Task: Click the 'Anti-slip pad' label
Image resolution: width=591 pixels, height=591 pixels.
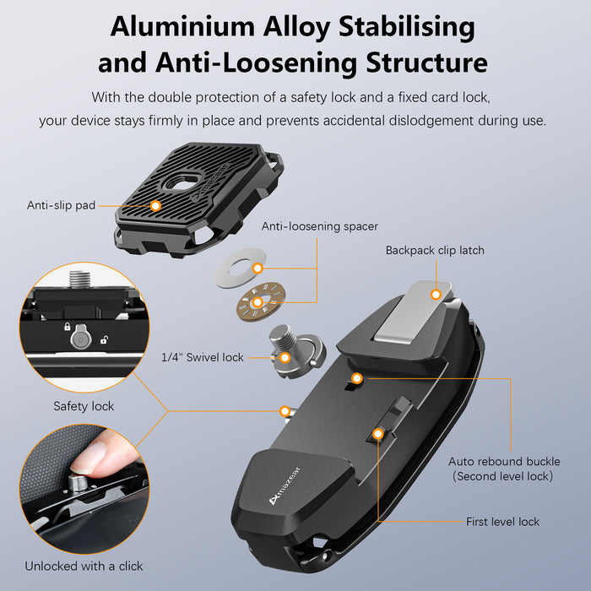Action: point(60,205)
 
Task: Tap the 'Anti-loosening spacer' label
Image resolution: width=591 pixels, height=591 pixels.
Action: point(319,226)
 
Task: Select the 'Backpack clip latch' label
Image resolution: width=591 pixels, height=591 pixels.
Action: point(435,250)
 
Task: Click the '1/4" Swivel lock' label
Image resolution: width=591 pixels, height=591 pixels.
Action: point(202,357)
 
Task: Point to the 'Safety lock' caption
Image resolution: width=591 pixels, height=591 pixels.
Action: point(84,406)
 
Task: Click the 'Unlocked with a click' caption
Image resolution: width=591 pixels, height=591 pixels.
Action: point(84,566)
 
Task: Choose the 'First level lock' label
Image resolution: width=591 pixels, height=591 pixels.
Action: point(502,522)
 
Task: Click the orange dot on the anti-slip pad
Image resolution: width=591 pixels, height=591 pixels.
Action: point(155,205)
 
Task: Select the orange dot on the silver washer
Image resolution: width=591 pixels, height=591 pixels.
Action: point(258,268)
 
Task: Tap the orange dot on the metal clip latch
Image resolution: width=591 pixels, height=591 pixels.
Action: point(436,295)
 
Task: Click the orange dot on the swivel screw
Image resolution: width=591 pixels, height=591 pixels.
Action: point(285,357)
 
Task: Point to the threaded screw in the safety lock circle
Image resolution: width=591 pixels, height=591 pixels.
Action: point(82,278)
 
